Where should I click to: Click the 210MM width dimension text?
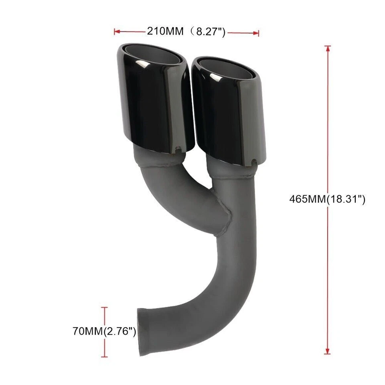tap(165, 31)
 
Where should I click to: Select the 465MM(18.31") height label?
tap(327, 199)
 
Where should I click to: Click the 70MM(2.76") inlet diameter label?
tap(104, 331)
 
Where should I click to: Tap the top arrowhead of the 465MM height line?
tap(327, 49)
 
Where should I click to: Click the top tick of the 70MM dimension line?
tap(105, 307)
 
